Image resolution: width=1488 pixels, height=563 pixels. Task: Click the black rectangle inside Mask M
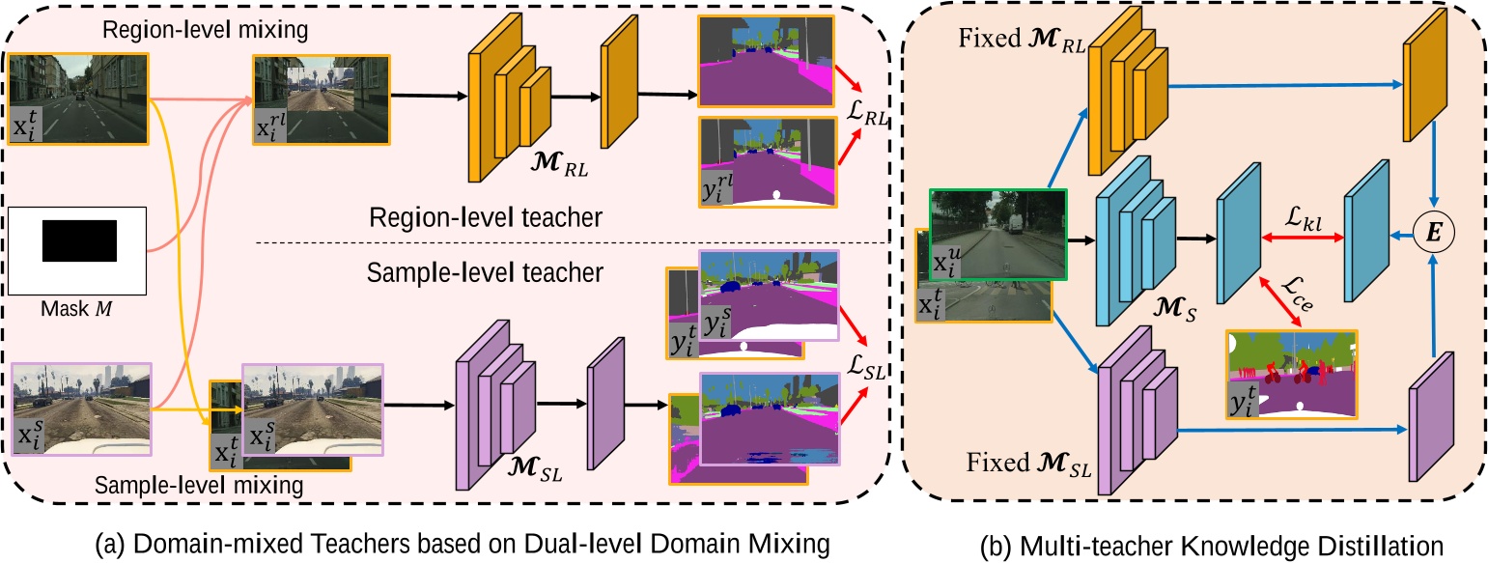tap(79, 240)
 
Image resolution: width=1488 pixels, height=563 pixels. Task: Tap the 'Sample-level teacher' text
tap(486, 273)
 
